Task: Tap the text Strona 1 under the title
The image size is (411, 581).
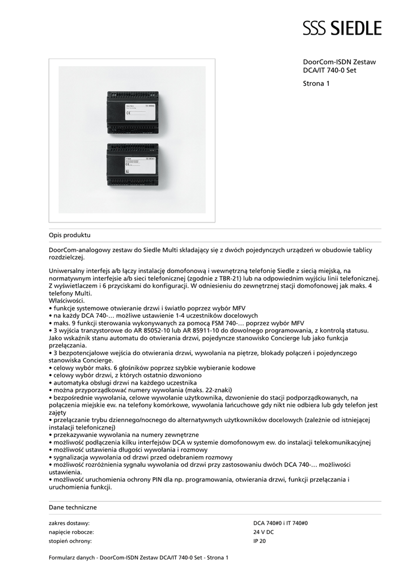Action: pos(316,84)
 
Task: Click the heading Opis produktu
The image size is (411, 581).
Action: pos(70,234)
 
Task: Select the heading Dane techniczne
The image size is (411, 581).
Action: pos(73,507)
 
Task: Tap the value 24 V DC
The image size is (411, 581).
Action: pos(264,532)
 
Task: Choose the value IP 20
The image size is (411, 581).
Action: pos(259,541)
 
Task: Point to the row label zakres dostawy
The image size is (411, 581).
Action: pos(70,523)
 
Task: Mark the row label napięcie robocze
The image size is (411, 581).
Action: pos(71,532)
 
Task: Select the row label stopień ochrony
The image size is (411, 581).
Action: pos(70,541)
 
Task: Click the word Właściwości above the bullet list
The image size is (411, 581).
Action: pos(66,300)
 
